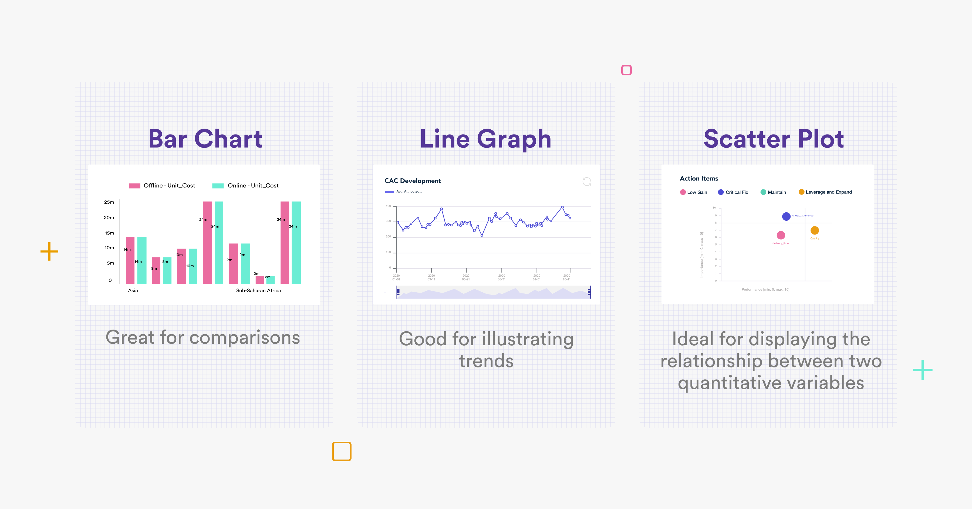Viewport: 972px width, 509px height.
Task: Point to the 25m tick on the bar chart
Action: click(109, 202)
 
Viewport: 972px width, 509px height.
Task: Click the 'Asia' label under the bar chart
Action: click(133, 290)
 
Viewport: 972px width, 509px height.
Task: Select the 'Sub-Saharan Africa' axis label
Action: click(258, 290)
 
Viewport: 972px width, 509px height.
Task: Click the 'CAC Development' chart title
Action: click(412, 181)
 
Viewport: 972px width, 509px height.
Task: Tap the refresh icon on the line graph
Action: click(587, 182)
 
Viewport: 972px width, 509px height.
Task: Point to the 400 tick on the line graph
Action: click(388, 206)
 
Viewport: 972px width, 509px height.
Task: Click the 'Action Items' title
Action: click(699, 179)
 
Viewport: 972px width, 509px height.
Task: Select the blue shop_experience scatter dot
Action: click(786, 216)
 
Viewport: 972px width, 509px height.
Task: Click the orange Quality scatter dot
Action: click(815, 230)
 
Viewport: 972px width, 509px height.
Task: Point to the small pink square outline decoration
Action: click(626, 70)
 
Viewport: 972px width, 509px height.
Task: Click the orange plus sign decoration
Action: click(49, 252)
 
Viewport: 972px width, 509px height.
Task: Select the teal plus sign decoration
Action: click(923, 370)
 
